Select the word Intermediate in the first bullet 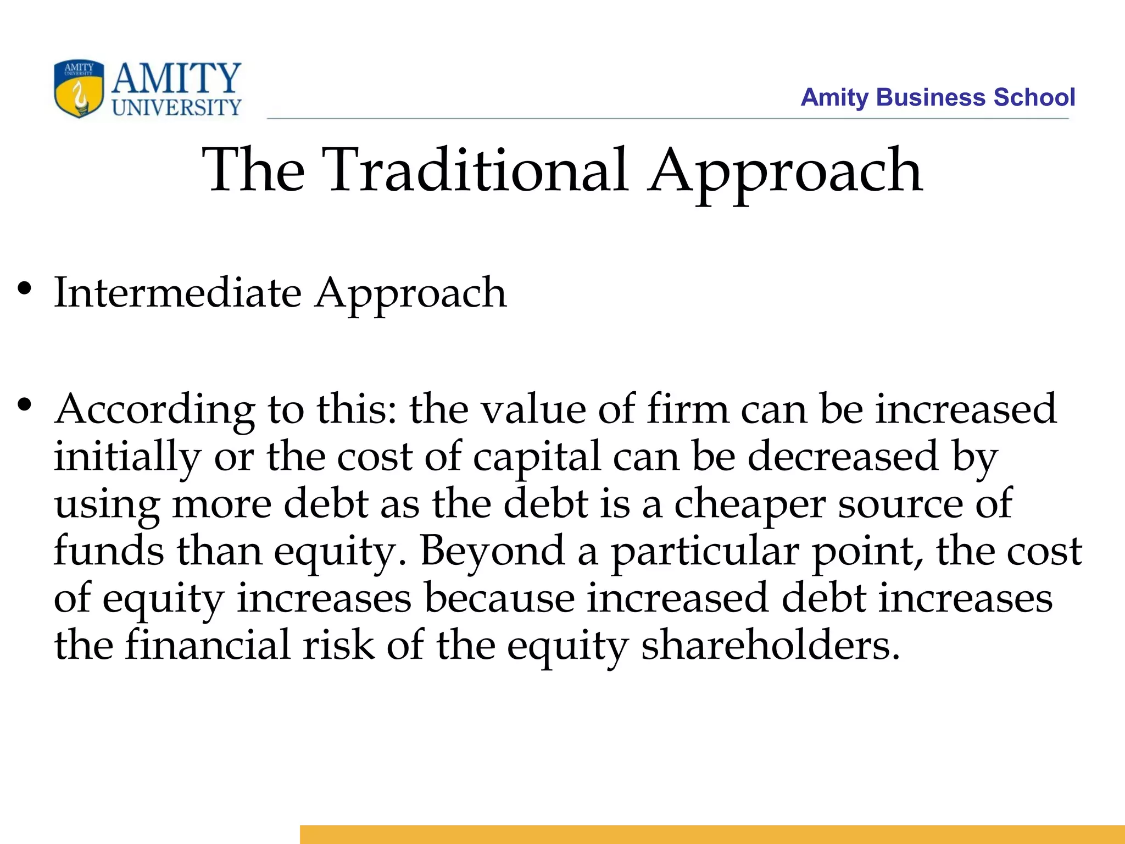[177, 292]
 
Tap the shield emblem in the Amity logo [79, 89]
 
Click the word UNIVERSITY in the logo [176, 108]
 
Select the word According [155, 410]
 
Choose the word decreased [843, 456]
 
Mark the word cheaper [749, 504]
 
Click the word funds [109, 551]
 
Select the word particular [705, 552]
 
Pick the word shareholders [771, 645]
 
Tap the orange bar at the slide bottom [712, 834]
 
